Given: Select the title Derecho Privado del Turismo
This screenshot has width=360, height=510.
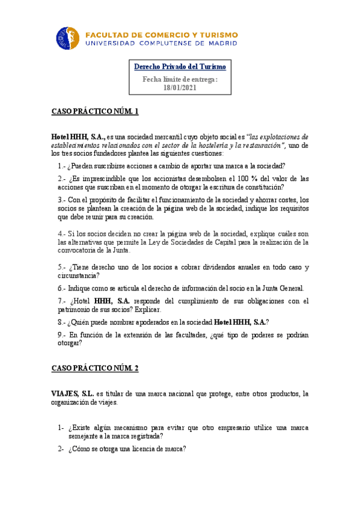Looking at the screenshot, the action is (180, 67).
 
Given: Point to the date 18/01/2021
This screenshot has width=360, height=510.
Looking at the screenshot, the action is (180, 87).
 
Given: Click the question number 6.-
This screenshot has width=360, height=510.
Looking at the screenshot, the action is (62, 288).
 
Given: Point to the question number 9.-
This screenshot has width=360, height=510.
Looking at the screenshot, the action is (62, 334).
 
